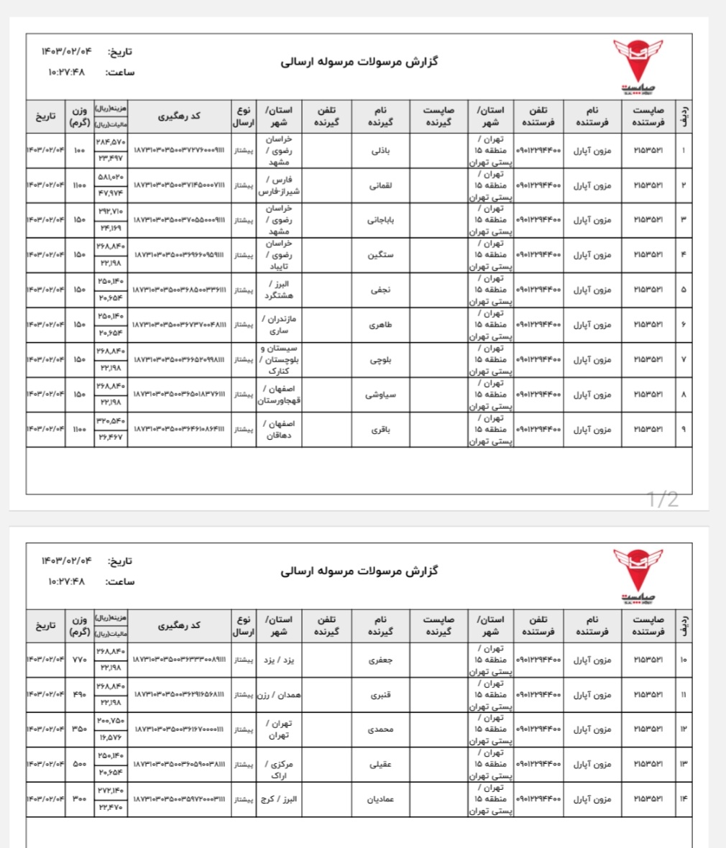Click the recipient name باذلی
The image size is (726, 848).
(380, 151)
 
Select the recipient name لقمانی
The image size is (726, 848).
(380, 185)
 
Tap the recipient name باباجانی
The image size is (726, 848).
(380, 220)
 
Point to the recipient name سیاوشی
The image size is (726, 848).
(380, 395)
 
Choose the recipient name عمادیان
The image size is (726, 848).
(380, 799)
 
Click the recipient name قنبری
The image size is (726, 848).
(380, 695)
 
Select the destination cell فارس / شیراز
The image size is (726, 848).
(279, 185)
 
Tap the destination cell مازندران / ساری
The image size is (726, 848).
(279, 325)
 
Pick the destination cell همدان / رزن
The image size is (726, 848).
(279, 695)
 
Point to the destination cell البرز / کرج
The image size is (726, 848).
(279, 799)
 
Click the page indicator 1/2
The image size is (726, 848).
(662, 499)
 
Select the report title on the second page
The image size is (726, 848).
(359, 571)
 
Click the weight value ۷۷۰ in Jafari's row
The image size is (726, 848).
(79, 659)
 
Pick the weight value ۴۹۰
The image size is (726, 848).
(79, 695)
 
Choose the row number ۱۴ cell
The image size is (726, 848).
(684, 799)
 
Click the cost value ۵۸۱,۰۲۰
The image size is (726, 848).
(111, 177)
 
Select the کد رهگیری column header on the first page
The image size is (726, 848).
(179, 116)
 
